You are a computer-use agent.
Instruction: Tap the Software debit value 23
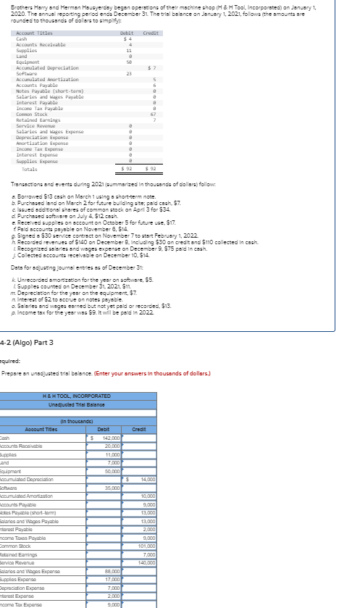pyautogui.click(x=128, y=73)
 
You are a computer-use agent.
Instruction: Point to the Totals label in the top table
pyautogui.click(x=30, y=169)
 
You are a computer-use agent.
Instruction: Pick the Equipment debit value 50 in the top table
pyautogui.click(x=128, y=62)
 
